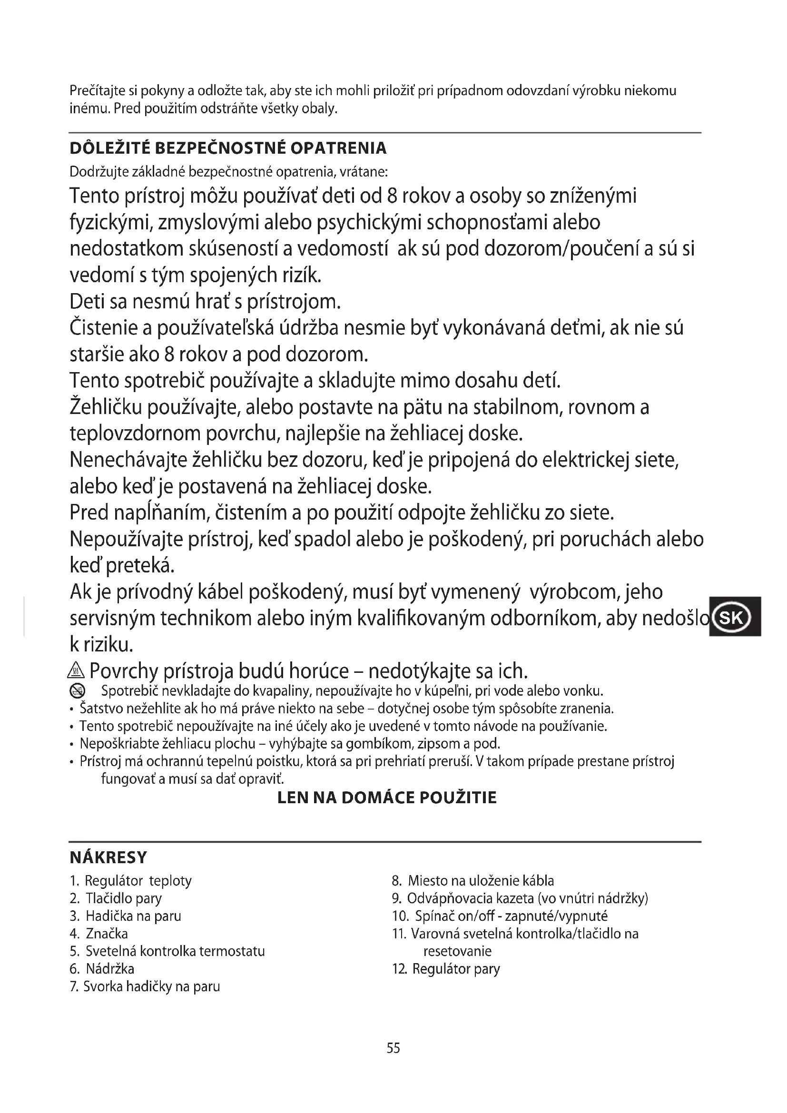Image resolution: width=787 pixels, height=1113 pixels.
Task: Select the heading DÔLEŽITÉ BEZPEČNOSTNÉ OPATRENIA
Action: pyautogui.click(x=228, y=148)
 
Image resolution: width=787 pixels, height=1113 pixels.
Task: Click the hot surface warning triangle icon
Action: pyautogui.click(x=77, y=671)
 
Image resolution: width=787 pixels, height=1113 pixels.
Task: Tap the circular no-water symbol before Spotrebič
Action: pyautogui.click(x=78, y=691)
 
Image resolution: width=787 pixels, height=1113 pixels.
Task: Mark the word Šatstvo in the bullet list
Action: pyautogui.click(x=100, y=709)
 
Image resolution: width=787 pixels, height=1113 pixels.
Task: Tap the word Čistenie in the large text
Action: pyautogui.click(x=104, y=328)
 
